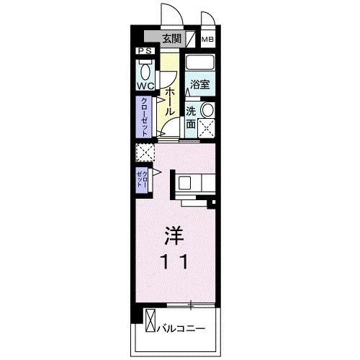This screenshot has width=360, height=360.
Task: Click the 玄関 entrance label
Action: point(170,39)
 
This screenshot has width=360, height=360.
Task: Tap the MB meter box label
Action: point(207,40)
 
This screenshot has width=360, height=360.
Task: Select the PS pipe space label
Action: point(145,51)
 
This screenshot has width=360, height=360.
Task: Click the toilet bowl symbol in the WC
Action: point(145,71)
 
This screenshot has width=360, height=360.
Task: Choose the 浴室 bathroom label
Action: point(199,84)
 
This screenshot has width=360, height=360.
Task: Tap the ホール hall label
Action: point(170,100)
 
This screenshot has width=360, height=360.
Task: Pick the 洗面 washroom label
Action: point(191,117)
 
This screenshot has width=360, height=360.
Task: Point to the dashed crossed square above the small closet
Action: point(145,153)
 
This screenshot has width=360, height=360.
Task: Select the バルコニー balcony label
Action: point(181,328)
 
